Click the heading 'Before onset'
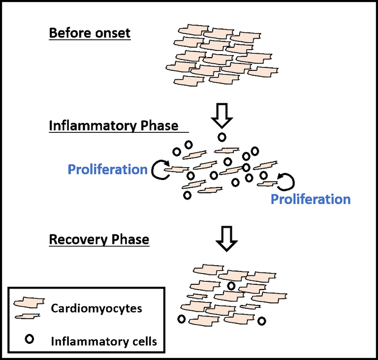[x=90, y=34]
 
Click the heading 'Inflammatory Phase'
[x=114, y=125]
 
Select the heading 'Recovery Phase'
[x=99, y=240]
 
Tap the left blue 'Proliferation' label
[x=107, y=170]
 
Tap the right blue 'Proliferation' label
[x=311, y=199]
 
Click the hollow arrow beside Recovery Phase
[x=227, y=238]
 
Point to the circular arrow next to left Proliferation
[x=160, y=170]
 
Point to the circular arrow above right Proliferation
[x=286, y=180]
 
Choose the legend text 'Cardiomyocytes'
[x=96, y=308]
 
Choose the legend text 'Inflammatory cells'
[x=104, y=340]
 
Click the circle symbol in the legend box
[x=30, y=339]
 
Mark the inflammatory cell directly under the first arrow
[x=222, y=137]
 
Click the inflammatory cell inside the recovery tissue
[x=231, y=285]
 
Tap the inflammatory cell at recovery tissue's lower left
[x=182, y=319]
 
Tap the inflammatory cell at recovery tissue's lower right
[x=262, y=321]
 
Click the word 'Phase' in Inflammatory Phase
[x=159, y=125]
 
